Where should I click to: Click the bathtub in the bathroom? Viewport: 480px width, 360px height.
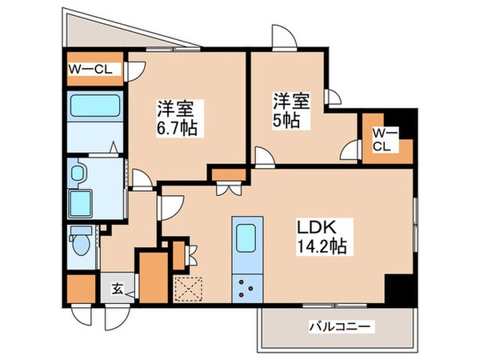click(x=93, y=106)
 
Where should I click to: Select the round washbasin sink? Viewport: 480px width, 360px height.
click(x=78, y=173)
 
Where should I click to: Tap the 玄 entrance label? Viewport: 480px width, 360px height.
click(x=117, y=289)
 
